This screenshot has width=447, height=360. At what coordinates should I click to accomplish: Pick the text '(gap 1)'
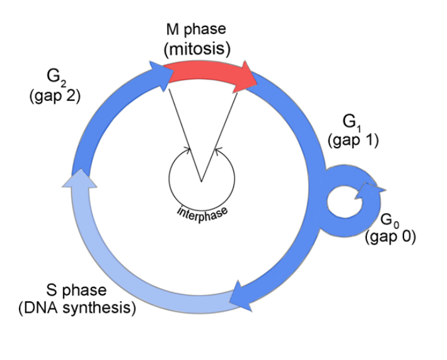[353, 141]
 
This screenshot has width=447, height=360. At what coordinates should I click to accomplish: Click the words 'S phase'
[76, 291]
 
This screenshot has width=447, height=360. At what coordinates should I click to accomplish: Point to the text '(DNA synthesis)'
[77, 308]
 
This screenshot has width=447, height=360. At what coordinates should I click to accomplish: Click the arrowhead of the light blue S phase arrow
[81, 181]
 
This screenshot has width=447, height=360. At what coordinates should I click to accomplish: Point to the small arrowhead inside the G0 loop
[369, 189]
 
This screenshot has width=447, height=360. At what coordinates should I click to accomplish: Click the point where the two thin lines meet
[201, 182]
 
